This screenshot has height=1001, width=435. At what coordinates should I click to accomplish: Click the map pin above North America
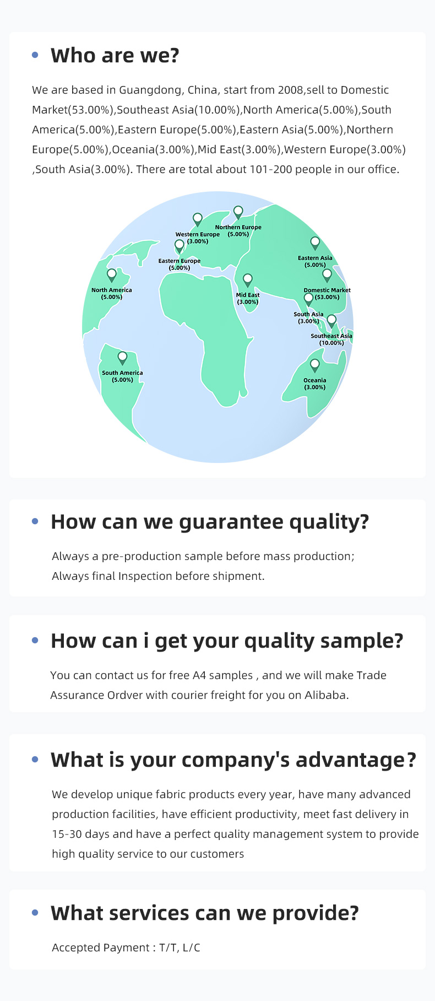pyautogui.click(x=112, y=275)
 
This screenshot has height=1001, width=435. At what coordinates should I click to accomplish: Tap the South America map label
pyautogui.click(x=122, y=376)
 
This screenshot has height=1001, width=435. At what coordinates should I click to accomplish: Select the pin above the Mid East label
pyautogui.click(x=248, y=279)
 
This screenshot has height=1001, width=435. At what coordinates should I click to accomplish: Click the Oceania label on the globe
pyautogui.click(x=315, y=384)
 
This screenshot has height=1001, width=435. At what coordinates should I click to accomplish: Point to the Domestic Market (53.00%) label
pyautogui.click(x=327, y=293)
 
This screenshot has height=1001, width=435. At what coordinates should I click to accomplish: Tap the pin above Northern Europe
pyautogui.click(x=238, y=212)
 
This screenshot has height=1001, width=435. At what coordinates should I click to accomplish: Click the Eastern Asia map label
pyautogui.click(x=315, y=261)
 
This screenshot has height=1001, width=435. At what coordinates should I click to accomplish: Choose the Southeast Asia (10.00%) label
pyautogui.click(x=331, y=339)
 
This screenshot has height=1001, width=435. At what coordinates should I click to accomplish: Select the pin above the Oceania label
pyautogui.click(x=315, y=364)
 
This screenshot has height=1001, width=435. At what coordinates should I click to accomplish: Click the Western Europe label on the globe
pyautogui.click(x=198, y=238)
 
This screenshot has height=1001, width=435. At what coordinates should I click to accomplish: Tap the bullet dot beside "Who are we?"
pyautogui.click(x=35, y=55)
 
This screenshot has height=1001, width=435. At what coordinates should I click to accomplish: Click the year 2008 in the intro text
pyautogui.click(x=290, y=90)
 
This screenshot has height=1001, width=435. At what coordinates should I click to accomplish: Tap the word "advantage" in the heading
pyautogui.click(x=350, y=760)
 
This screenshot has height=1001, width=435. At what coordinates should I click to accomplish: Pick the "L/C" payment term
pyautogui.click(x=191, y=948)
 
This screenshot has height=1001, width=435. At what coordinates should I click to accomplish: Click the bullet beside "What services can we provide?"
pyautogui.click(x=35, y=913)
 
